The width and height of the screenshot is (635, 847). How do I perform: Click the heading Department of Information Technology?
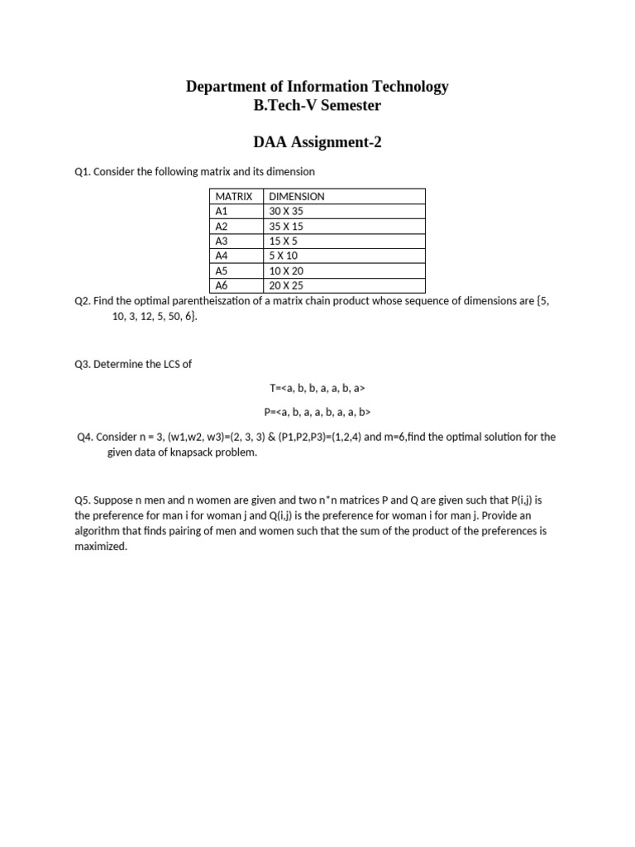tap(317, 86)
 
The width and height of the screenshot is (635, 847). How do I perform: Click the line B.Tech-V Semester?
tap(317, 105)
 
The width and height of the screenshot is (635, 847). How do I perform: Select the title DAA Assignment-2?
tap(317, 143)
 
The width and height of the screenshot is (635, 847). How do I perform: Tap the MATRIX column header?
tap(233, 196)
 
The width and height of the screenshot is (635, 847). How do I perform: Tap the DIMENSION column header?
tap(297, 196)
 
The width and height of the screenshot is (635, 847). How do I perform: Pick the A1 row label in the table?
tap(222, 211)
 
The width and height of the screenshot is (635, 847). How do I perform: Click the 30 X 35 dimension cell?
tap(287, 211)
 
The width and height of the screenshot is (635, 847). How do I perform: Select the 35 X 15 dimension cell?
tap(287, 226)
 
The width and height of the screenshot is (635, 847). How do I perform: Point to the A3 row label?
tap(222, 241)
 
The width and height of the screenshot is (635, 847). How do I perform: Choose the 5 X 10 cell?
tap(284, 256)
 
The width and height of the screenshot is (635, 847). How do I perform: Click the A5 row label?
tap(222, 270)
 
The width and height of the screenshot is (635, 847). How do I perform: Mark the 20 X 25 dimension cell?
tap(287, 285)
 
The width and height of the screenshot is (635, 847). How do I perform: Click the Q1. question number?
tap(83, 171)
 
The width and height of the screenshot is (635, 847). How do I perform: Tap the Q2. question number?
tap(83, 301)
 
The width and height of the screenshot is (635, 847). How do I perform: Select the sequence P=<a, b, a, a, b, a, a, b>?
tap(317, 412)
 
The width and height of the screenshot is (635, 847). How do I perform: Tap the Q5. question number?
tap(83, 500)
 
